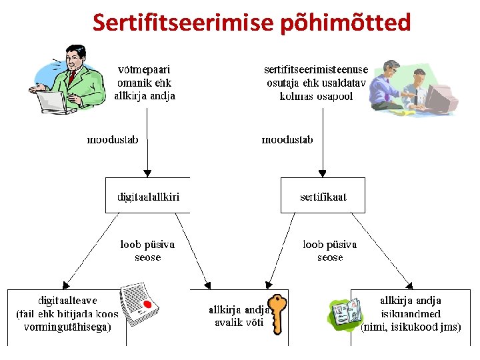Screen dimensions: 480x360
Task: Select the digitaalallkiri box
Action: point(148,196)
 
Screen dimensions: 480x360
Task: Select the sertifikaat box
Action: point(323,196)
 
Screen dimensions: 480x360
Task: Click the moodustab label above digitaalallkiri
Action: point(113,140)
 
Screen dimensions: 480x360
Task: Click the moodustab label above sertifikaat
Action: point(287,140)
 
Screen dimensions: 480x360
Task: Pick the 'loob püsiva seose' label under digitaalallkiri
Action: point(147,251)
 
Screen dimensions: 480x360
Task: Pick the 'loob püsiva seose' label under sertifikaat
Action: point(330,251)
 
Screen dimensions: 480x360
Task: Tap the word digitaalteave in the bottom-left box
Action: point(67,301)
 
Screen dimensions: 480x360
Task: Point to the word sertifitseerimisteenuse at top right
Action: point(316,69)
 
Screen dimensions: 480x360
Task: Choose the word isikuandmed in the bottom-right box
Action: point(410,314)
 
